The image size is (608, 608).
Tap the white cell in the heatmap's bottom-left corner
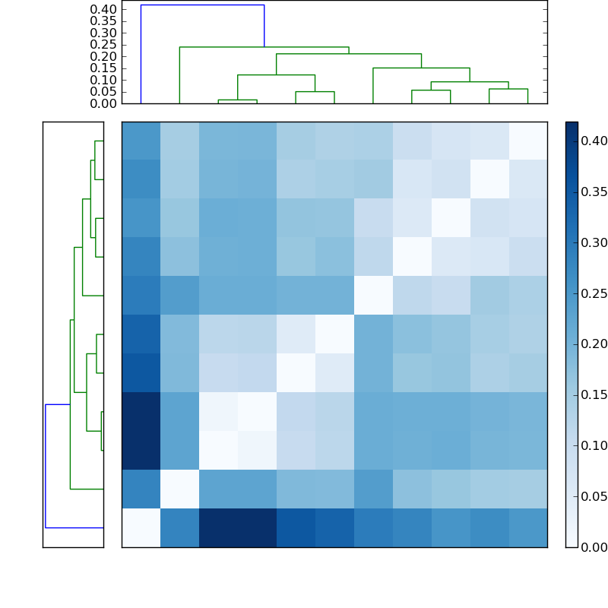pos(141,527)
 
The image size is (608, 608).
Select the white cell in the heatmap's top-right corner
pos(527,141)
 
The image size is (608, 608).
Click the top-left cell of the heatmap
pos(141,141)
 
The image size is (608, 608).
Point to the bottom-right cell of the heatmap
pos(527,527)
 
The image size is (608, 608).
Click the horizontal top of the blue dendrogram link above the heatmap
pos(202,5)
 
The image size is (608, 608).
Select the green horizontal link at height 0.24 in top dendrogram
pos(264,47)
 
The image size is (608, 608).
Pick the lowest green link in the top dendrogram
pos(237,100)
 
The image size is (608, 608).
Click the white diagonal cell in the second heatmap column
pos(179,489)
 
